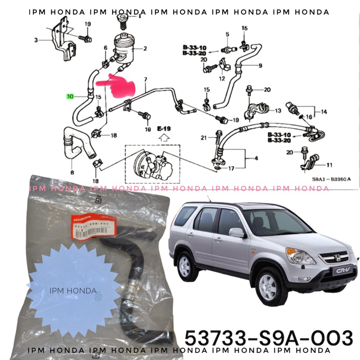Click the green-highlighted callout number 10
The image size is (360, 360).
tap(69, 96)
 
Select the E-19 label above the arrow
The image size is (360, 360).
tap(164, 129)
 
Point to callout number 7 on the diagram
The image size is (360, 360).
tap(145, 80)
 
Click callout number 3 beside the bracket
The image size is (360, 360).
tap(36, 40)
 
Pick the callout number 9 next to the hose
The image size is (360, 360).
tap(260, 66)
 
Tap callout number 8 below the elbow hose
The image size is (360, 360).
tap(72, 171)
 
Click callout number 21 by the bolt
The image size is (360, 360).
tap(203, 137)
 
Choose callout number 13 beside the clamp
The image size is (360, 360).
tap(277, 110)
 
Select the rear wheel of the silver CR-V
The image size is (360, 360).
tap(184, 266)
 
